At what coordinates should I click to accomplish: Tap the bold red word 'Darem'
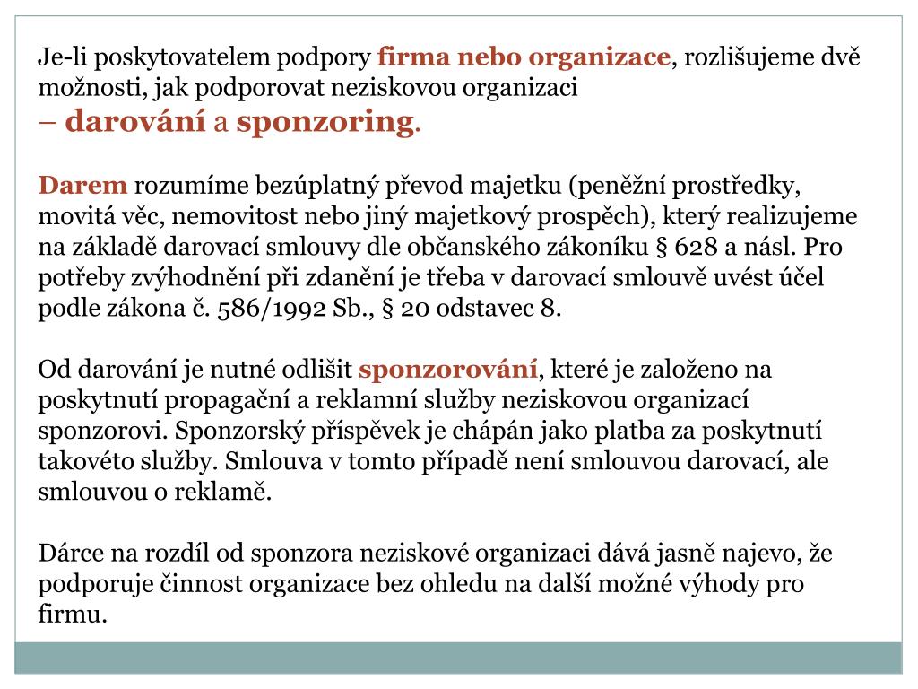tap(82, 187)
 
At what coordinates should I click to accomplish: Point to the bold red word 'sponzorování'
tap(448, 370)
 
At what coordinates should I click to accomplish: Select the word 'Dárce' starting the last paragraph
tap(69, 553)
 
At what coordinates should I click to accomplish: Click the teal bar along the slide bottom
tap(459, 657)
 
